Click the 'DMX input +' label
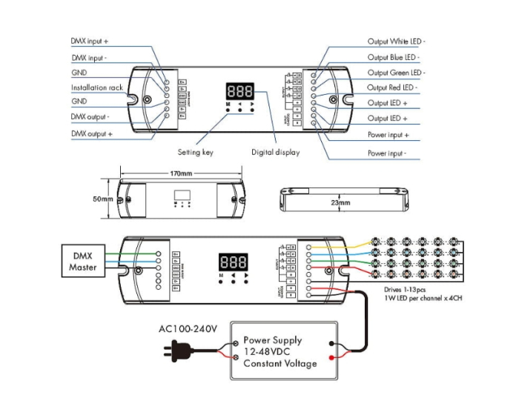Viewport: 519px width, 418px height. [90, 42]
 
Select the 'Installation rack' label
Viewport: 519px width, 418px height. [96, 87]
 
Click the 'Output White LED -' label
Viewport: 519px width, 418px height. [397, 42]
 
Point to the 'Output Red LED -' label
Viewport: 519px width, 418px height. [393, 87]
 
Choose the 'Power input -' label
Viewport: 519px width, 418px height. [388, 153]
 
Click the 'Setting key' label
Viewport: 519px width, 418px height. [196, 152]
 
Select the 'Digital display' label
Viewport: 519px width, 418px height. [275, 152]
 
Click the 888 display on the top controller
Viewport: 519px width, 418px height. [239, 92]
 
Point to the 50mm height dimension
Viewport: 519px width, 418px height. [102, 199]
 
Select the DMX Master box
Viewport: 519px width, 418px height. [83, 262]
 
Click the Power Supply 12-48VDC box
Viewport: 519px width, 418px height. [283, 351]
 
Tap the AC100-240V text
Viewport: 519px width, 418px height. [188, 328]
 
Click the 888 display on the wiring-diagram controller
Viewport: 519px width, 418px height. [232, 262]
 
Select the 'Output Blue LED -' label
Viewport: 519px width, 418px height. [394, 57]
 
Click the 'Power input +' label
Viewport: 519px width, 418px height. [389, 135]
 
